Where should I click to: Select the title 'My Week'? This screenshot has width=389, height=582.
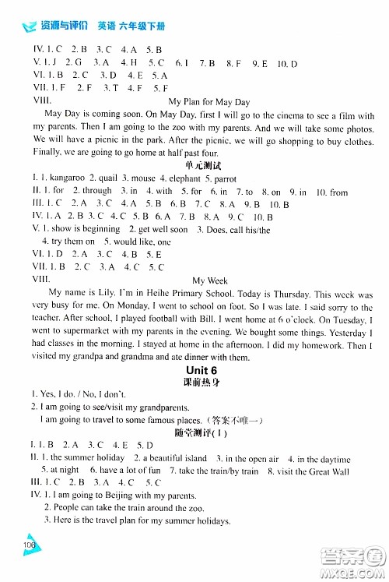[x=208, y=280]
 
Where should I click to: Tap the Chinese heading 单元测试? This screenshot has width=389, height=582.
[x=207, y=166]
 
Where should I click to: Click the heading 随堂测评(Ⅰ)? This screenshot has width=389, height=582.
[x=207, y=433]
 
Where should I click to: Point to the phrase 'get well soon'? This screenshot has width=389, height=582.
[x=163, y=229]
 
